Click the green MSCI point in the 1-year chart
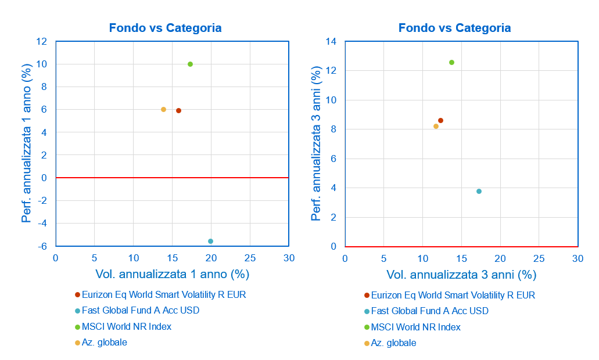coord(190,64)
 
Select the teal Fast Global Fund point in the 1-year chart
coord(210,241)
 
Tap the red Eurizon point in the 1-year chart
coord(178,110)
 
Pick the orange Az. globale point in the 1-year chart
coord(163,109)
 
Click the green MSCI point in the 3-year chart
coord(451,62)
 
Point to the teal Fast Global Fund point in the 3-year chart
coord(479,191)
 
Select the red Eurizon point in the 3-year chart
coord(440,120)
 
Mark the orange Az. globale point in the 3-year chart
coord(436,126)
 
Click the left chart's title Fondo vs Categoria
coord(166,28)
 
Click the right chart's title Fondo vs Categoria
coord(455,28)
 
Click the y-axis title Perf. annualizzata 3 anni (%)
coord(316,144)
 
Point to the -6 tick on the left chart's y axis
coord(42,246)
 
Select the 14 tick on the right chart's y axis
coord(332,42)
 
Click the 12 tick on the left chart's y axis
coord(42,42)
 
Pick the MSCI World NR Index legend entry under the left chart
coord(127,326)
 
